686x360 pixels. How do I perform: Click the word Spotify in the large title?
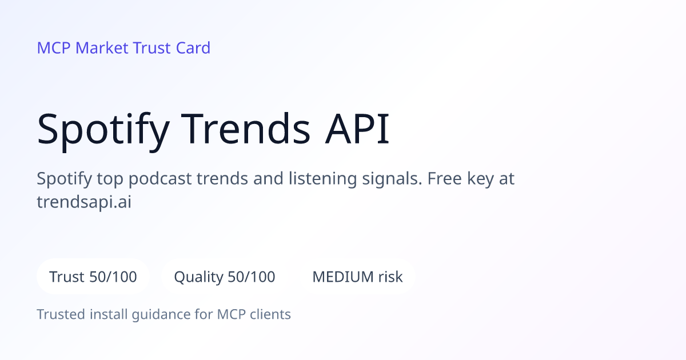pyautogui.click(x=103, y=131)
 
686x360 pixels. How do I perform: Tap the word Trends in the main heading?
pyautogui.click(x=246, y=129)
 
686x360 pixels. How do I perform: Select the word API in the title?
pyautogui.click(x=357, y=129)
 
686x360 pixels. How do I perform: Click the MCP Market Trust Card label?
pyautogui.click(x=123, y=48)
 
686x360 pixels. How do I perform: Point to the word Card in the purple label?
pyautogui.click(x=193, y=48)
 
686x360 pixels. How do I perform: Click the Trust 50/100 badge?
pyautogui.click(x=93, y=277)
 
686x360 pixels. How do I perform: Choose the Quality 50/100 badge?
pyautogui.click(x=225, y=277)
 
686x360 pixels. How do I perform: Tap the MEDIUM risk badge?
pyautogui.click(x=357, y=277)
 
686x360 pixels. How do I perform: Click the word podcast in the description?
pyautogui.click(x=160, y=179)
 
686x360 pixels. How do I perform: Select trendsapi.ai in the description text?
pyautogui.click(x=84, y=202)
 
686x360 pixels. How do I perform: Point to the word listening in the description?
pyautogui.click(x=322, y=179)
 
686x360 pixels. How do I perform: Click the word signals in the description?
pyautogui.click(x=392, y=179)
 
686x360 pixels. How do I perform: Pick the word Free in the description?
pyautogui.click(x=444, y=178)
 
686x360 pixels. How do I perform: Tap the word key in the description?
pyautogui.click(x=480, y=179)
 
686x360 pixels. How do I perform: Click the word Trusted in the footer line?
pyautogui.click(x=61, y=314)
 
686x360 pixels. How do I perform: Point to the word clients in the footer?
pyautogui.click(x=270, y=314)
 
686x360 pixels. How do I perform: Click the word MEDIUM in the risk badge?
pyautogui.click(x=342, y=277)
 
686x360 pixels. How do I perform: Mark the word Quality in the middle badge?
pyautogui.click(x=198, y=277)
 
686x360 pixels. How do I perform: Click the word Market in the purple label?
pyautogui.click(x=102, y=48)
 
